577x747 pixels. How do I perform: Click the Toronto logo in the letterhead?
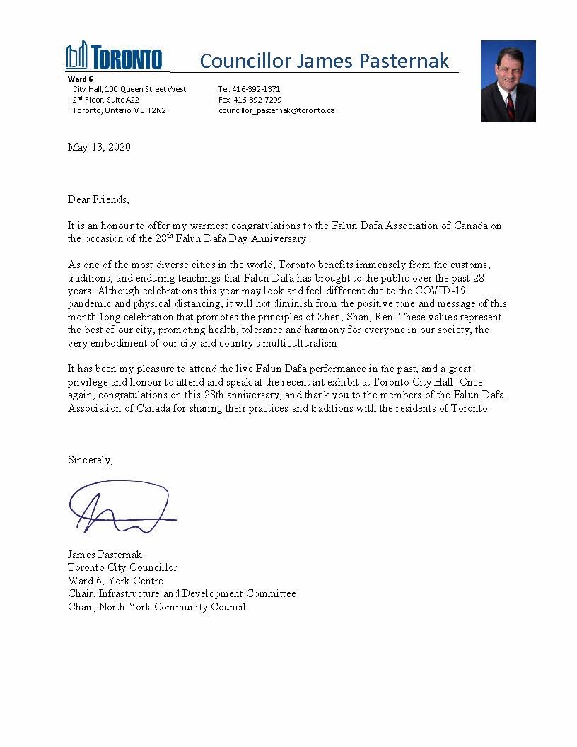[x=114, y=57]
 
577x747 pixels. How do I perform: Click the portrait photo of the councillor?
[x=508, y=81]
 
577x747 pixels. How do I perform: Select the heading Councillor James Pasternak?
[x=324, y=61]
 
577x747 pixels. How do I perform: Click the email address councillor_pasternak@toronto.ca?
[x=276, y=110]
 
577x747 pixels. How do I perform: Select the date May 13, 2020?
[x=99, y=147]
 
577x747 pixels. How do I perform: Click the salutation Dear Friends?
[x=98, y=199]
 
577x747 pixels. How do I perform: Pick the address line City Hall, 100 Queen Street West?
[x=129, y=89]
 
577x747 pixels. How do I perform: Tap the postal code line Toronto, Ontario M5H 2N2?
[x=119, y=110]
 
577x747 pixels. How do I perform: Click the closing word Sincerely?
[x=90, y=459]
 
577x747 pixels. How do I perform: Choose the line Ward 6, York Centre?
[x=115, y=581]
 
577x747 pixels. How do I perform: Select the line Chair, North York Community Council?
[x=156, y=607]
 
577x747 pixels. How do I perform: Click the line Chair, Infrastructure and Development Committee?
[x=182, y=593]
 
